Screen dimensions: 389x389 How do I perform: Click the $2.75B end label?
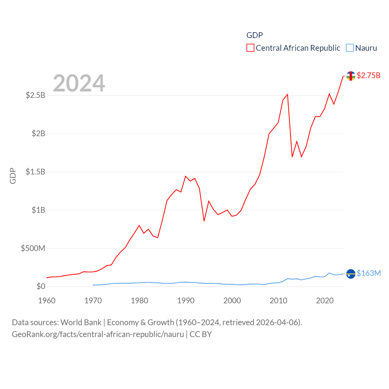click(368, 75)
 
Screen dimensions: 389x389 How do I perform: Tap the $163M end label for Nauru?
click(369, 273)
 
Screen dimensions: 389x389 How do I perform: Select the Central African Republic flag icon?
click(351, 76)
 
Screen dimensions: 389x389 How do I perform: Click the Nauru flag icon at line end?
click(351, 274)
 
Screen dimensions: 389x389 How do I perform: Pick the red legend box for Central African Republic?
click(250, 48)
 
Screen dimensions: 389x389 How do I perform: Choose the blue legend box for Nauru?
click(350, 48)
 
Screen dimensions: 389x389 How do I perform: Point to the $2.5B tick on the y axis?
click(36, 95)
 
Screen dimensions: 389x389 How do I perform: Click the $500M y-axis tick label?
click(33, 248)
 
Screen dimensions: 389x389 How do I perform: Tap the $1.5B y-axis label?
click(36, 172)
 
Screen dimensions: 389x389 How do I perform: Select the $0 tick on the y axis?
click(41, 286)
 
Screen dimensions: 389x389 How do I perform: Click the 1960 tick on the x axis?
click(47, 301)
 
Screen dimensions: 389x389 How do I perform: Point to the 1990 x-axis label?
click(186, 301)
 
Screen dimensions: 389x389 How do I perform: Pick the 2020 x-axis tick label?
click(325, 301)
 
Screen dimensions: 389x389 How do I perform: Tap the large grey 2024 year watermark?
click(79, 83)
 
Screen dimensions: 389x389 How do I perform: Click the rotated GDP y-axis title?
click(13, 176)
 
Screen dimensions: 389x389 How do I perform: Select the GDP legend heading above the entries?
click(254, 35)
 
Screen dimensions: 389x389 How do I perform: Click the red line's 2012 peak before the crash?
click(287, 95)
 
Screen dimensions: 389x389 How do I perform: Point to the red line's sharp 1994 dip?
click(204, 221)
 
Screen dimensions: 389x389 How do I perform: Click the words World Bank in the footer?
click(81, 322)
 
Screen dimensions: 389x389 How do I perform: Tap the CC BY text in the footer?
click(201, 334)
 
